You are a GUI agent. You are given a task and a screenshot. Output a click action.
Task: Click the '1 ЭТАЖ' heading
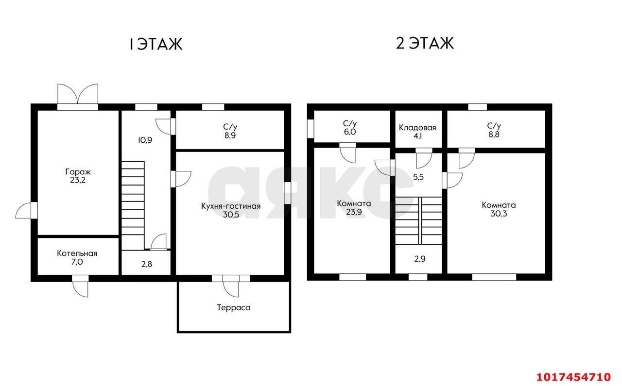(x=156, y=44)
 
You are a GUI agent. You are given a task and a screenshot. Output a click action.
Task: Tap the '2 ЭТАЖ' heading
(x=425, y=43)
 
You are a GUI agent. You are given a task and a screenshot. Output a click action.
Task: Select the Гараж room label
(x=78, y=176)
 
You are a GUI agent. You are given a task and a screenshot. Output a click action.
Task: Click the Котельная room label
(x=77, y=257)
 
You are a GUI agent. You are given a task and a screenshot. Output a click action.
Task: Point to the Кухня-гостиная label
(x=231, y=210)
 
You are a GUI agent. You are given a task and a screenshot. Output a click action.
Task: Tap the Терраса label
(x=234, y=307)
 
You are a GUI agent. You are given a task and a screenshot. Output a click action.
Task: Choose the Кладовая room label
(x=417, y=132)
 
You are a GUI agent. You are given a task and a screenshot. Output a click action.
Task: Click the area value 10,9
(x=145, y=140)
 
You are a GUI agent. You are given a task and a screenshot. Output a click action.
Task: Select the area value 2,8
(x=147, y=264)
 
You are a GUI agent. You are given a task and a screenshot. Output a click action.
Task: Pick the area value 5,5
(x=418, y=177)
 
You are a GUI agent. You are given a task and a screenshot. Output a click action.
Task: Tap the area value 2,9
(x=419, y=259)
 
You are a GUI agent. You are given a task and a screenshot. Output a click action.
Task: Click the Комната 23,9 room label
(x=354, y=208)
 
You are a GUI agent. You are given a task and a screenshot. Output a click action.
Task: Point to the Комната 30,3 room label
(x=499, y=209)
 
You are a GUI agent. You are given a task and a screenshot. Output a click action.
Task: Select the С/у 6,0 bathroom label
(x=350, y=127)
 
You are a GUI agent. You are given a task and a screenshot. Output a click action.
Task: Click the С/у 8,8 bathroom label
(x=494, y=130)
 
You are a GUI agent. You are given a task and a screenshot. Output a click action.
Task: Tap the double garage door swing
(x=78, y=94)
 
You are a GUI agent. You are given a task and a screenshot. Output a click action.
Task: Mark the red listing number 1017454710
(x=574, y=377)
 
